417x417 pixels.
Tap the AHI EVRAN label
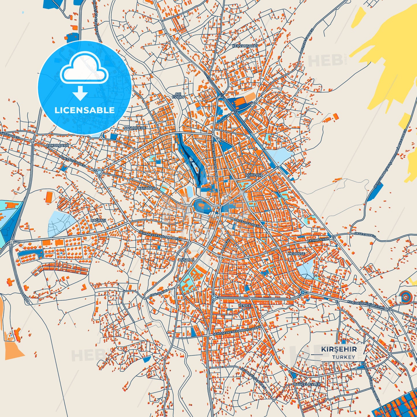178,96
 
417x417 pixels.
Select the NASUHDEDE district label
135,128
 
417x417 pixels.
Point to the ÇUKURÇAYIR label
58,145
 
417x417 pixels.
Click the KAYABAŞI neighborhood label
146,188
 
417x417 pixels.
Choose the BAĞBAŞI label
98,220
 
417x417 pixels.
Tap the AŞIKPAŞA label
254,175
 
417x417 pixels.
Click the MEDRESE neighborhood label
296,254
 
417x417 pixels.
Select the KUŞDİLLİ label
186,260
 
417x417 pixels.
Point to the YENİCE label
244,306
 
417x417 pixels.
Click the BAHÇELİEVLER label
307,384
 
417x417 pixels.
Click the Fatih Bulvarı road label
318,240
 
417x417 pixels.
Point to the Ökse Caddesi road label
365,235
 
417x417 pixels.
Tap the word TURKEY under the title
343,357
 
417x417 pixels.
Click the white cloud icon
84,68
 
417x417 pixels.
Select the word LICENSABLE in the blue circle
84,110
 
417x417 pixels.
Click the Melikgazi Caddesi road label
245,222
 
